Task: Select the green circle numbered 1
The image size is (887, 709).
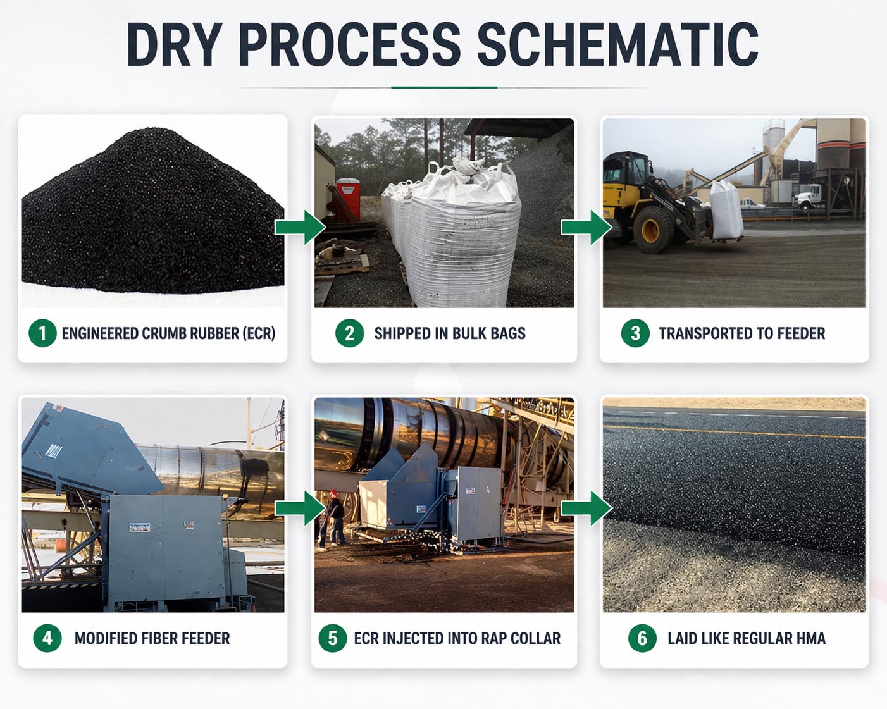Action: (42, 333)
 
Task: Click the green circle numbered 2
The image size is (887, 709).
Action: (349, 333)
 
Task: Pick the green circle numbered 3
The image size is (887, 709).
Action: (635, 333)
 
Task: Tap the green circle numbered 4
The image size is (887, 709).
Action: (47, 638)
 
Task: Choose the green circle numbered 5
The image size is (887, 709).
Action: (333, 638)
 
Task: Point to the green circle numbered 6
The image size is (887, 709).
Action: (642, 638)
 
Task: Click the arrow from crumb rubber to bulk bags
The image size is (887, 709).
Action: (300, 227)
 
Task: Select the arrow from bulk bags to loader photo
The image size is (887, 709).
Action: (586, 227)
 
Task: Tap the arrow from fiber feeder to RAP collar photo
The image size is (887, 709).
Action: (300, 508)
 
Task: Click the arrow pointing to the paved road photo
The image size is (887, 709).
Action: (586, 508)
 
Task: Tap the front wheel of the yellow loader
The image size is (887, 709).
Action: (654, 230)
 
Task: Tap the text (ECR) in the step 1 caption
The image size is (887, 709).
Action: (259, 333)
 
